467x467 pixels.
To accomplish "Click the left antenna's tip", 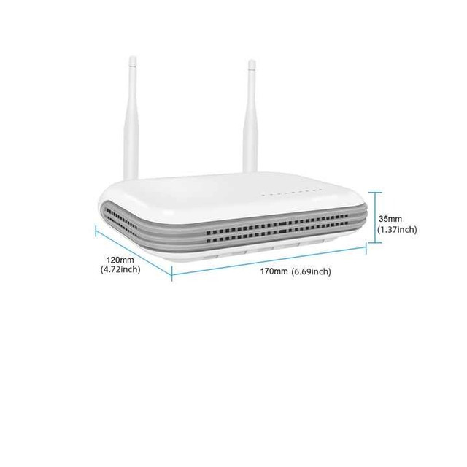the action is coord(133,57).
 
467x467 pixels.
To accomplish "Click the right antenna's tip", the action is coord(252,61).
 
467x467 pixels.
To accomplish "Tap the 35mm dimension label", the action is coord(390,219).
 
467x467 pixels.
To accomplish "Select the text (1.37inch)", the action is coord(397,230).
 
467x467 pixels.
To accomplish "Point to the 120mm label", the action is coord(120,260).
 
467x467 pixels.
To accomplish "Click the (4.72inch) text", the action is coord(120,269).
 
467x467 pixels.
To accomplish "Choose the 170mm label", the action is coord(274,271).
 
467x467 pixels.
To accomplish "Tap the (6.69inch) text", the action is coord(311,271).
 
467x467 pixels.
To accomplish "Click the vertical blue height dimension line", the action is coord(375,217).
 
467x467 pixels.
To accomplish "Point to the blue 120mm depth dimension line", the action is coord(134,252).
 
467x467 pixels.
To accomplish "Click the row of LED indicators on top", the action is coord(291,193).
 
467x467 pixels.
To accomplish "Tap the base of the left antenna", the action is coord(131,177).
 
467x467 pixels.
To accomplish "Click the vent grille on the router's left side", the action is coord(122,222).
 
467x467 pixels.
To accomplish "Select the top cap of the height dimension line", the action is coord(375,193).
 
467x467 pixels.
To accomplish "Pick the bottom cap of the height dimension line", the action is coord(375,243).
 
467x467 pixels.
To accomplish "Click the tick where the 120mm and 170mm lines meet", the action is coord(172,274).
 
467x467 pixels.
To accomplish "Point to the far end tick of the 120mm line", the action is coord(96,231).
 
